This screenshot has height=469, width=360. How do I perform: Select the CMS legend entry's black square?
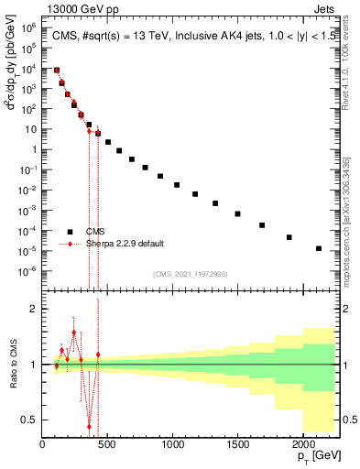point(69,232)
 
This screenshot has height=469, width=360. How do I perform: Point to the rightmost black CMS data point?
point(319,248)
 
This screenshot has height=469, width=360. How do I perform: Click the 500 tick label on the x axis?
point(107,444)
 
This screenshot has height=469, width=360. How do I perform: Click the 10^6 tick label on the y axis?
point(27,28)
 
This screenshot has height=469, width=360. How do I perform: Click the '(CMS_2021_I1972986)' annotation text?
point(191,274)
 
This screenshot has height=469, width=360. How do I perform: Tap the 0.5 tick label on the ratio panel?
point(30,420)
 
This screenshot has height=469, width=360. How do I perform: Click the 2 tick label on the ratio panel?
point(34,309)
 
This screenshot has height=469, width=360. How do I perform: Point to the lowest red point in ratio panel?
point(89,427)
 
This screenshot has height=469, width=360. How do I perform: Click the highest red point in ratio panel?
point(73,333)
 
